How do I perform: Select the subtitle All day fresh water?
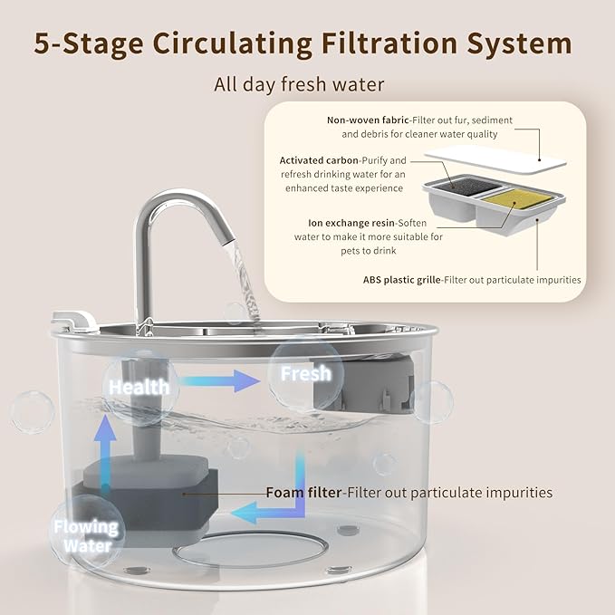click(x=299, y=85)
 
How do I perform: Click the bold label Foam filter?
click(x=303, y=493)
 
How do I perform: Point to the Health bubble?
click(x=139, y=387)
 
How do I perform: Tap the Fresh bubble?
click(x=305, y=373)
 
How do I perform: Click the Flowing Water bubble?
click(x=85, y=535)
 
